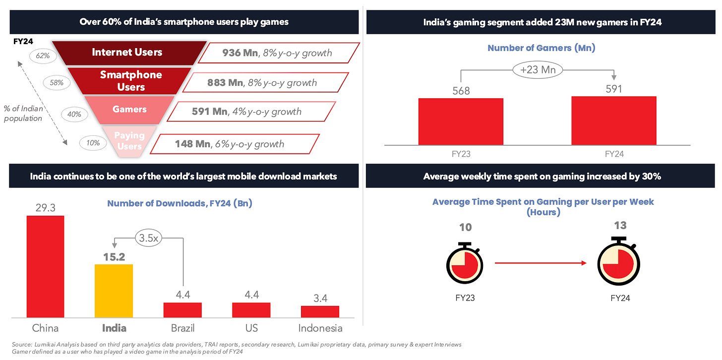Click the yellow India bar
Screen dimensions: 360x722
[x=114, y=291]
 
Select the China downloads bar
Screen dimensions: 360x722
[x=45, y=266]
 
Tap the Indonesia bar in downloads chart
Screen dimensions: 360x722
[x=320, y=311]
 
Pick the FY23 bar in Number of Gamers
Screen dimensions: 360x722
[x=461, y=121]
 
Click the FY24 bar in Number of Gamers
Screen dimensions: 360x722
[x=613, y=120]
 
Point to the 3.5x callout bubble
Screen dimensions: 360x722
[x=148, y=238]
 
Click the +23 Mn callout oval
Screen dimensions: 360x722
[x=538, y=70]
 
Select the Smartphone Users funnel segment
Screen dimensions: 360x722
[x=131, y=81]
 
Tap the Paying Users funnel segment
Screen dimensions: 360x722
[x=130, y=141]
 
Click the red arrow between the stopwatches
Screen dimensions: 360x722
[x=541, y=263]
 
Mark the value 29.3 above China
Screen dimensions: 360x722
[x=45, y=208]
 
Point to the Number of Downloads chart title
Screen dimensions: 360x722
[x=180, y=203]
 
